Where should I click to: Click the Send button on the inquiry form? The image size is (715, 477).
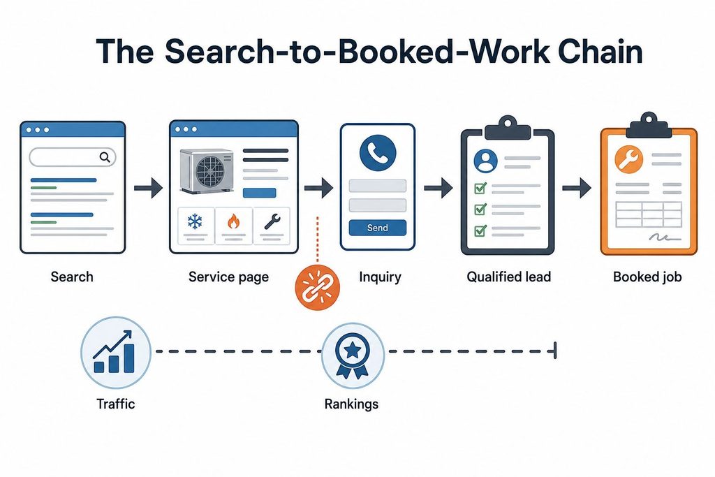(378, 228)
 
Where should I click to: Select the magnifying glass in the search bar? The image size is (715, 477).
(105, 157)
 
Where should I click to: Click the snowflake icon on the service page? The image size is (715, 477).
(196, 222)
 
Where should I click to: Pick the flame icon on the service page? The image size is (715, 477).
(233, 221)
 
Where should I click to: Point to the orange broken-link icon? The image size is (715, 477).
(318, 287)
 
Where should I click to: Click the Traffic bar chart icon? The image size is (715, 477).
(116, 352)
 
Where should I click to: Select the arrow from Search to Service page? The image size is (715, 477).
(148, 187)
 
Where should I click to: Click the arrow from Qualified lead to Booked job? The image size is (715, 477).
(576, 187)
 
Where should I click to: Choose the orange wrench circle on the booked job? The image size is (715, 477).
(629, 160)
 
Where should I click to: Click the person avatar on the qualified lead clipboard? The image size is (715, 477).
(486, 161)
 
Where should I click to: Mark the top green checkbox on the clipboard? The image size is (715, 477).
(480, 188)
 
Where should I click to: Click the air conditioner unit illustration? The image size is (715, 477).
(207, 170)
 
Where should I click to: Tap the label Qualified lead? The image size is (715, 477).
(508, 277)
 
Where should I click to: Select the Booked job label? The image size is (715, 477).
(647, 277)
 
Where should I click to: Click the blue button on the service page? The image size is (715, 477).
(260, 193)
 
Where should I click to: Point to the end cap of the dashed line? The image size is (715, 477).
(555, 351)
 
